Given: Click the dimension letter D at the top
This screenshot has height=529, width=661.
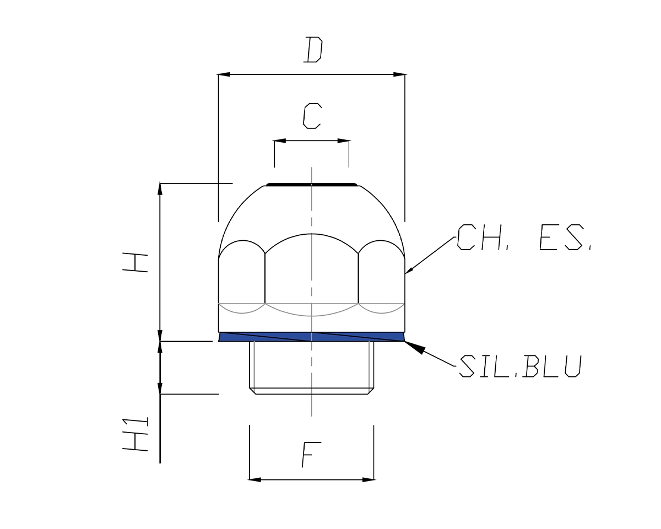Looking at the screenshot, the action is [313, 50].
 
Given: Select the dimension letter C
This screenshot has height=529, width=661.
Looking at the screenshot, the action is [312, 116].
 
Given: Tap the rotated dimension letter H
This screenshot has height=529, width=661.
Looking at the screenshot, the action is [135, 262].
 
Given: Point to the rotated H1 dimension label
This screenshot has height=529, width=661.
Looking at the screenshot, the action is [135, 434].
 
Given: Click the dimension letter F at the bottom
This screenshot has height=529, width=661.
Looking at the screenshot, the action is [311, 455].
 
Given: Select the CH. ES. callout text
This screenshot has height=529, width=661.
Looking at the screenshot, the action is [524, 237].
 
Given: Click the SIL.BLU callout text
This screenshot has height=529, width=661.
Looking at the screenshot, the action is [521, 366].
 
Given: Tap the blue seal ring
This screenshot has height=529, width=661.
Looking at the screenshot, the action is [311, 337].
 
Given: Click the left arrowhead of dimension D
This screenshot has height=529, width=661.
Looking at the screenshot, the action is [223, 74].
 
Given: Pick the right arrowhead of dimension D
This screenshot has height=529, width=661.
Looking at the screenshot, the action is [400, 74].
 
